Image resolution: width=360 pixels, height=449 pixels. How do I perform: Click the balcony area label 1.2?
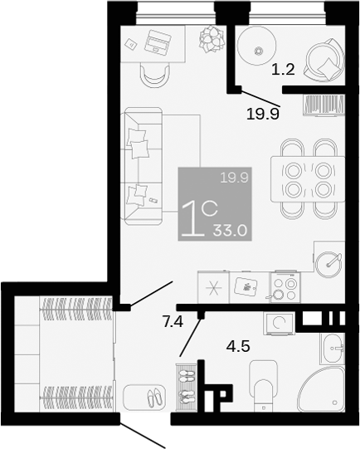click(283, 71)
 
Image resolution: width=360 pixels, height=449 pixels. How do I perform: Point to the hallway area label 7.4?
click(173, 322)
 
